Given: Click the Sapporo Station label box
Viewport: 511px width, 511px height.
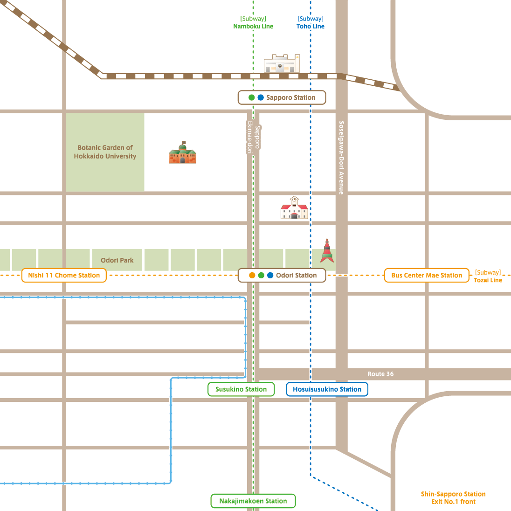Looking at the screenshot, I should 282,97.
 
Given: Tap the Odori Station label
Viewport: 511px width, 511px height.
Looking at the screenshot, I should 282,275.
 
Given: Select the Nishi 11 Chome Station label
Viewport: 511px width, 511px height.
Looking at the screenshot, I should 64,275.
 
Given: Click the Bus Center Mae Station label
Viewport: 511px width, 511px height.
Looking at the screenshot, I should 427,275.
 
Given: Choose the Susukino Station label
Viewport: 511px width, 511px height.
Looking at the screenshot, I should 241,389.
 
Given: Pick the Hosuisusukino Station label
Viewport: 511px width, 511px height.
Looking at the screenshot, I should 327,389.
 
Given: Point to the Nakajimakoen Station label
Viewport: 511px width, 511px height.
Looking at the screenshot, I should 253,501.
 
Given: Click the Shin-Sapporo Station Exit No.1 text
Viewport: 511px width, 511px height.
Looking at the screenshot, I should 453,498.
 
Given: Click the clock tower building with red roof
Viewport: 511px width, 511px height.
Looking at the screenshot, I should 294,208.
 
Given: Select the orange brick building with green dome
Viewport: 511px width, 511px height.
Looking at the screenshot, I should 182,153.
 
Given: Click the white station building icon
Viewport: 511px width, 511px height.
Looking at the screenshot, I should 282,63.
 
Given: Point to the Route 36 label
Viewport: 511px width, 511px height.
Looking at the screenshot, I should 380,374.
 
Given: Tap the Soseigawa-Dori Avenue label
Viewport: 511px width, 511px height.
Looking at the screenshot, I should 341,158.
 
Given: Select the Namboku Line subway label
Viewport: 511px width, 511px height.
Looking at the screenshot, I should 253,22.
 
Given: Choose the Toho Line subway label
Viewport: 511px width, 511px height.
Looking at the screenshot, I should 311,22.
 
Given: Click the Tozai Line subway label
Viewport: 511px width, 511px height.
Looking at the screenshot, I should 488,276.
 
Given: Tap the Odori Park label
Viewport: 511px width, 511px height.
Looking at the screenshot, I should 117,260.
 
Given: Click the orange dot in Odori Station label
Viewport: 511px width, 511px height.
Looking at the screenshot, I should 252,275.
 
